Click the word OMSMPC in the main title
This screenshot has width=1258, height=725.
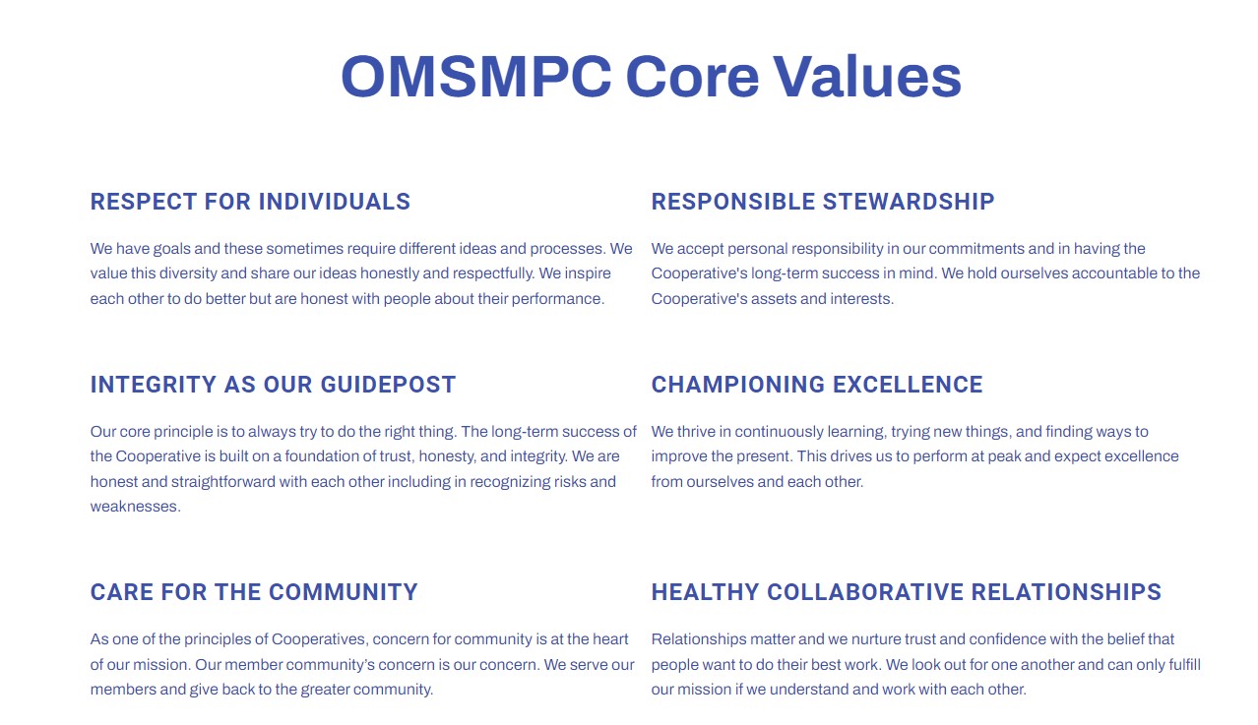tap(476, 77)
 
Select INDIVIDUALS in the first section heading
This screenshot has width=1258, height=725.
tap(335, 202)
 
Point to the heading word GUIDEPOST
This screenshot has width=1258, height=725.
tap(388, 385)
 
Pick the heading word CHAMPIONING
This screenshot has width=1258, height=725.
tap(738, 385)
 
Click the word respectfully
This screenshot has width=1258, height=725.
tap(493, 273)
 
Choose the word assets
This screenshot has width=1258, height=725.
tap(774, 299)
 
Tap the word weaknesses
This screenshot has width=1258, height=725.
tap(135, 507)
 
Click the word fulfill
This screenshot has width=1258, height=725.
tap(1184, 664)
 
